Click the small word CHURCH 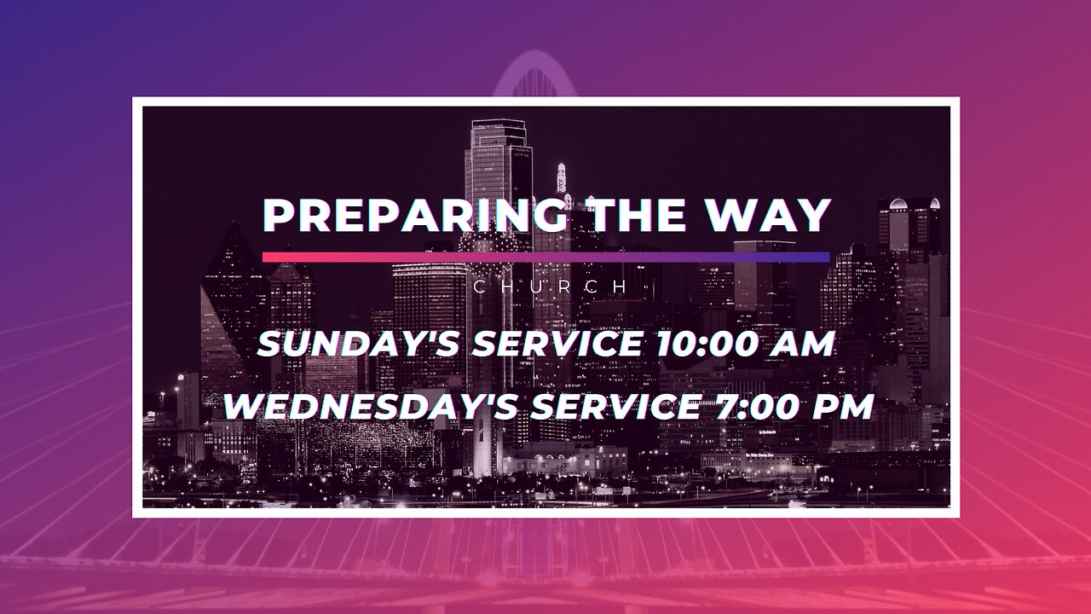pos(550,287)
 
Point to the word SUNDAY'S pos(358,344)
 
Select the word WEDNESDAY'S pos(371,407)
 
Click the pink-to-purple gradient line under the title pos(546,257)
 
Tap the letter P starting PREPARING pos(278,216)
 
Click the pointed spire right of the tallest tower pos(562,178)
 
